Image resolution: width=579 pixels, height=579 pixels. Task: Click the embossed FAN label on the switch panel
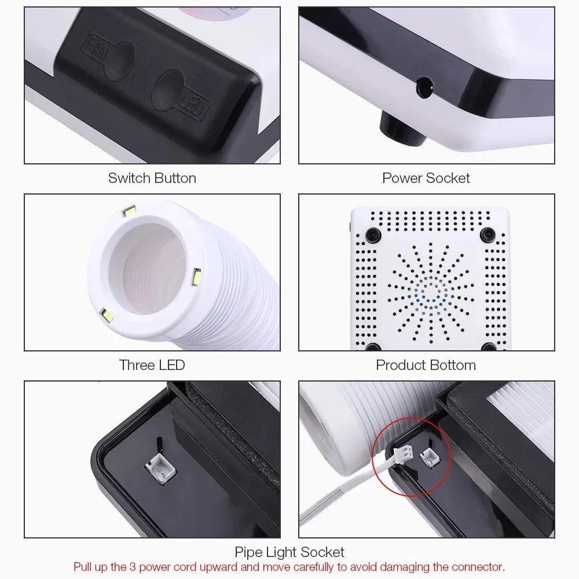coord(96,47)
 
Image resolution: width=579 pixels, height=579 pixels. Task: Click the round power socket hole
coord(424,87)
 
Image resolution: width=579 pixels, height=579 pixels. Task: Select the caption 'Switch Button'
coord(152,178)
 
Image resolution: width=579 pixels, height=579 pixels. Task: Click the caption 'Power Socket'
coord(426,178)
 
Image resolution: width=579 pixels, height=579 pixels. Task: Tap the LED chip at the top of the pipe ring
coord(130,211)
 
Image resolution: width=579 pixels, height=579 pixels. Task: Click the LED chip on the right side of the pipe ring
coord(196,277)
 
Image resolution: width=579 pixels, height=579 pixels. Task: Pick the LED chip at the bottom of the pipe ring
coord(107,316)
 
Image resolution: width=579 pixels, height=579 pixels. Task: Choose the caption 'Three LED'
coord(152,365)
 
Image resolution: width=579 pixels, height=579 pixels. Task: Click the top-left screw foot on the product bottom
coord(373,234)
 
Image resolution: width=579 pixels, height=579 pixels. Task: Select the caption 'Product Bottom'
coord(426,365)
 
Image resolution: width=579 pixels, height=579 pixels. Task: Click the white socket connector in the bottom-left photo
coord(160,468)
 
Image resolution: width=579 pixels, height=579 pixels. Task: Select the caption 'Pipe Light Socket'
coord(289,552)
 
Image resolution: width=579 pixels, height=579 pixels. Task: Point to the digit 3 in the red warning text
coord(132,567)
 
